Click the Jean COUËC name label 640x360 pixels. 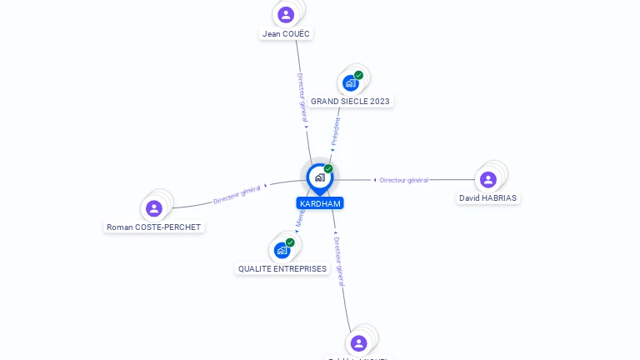click(x=286, y=34)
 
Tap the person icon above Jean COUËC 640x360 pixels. click(x=286, y=14)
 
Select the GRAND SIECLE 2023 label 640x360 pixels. click(x=350, y=102)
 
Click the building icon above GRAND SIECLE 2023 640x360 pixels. click(x=350, y=83)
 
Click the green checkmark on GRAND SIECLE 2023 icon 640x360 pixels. click(x=359, y=75)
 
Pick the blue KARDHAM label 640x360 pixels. click(x=320, y=203)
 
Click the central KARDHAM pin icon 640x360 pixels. click(x=319, y=177)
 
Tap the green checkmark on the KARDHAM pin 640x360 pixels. click(x=328, y=169)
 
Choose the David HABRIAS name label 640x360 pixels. click(x=487, y=198)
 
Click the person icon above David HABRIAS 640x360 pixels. click(x=488, y=179)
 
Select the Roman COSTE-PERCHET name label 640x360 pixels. click(x=154, y=227)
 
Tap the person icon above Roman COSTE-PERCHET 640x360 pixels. click(x=154, y=208)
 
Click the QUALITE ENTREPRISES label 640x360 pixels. click(x=282, y=269)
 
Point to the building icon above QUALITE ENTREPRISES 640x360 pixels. click(x=282, y=250)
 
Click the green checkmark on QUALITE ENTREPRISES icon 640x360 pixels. click(x=290, y=242)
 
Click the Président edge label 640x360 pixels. click(x=336, y=132)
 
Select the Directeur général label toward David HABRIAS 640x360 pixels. click(x=403, y=180)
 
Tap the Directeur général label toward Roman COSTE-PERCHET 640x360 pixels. click(x=237, y=194)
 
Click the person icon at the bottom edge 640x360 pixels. click(x=359, y=343)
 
